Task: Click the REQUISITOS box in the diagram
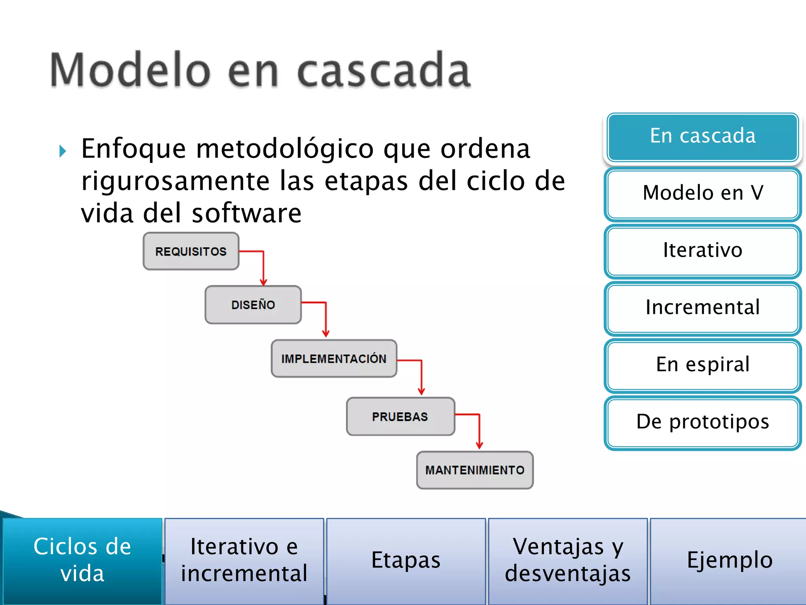point(191,251)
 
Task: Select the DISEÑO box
point(253,305)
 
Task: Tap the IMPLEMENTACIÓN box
point(334,358)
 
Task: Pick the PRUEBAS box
point(400,416)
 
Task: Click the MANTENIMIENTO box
point(475,470)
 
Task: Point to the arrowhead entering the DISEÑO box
point(263,282)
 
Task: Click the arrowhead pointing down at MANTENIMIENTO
point(479,446)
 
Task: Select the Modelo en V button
point(702,193)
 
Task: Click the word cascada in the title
point(383,71)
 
